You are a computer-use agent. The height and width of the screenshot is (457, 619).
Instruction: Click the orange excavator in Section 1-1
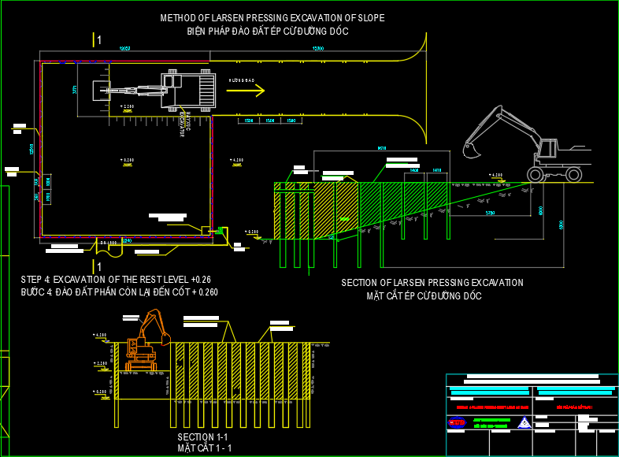pos(145,343)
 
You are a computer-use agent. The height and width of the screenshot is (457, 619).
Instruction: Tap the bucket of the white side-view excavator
pos(472,148)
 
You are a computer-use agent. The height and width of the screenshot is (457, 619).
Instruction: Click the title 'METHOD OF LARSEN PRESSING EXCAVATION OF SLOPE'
pos(272,17)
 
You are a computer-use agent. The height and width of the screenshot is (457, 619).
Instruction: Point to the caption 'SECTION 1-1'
pos(202,437)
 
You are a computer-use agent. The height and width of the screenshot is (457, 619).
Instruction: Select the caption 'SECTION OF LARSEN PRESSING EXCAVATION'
pos(432,283)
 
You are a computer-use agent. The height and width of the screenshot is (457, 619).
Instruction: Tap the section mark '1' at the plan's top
pos(99,39)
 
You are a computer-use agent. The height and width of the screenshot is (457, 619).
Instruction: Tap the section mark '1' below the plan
pos(99,267)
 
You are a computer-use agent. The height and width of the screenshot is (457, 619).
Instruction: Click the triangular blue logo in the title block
pos(523,422)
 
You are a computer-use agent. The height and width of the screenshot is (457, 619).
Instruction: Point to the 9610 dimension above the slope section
pos(382,148)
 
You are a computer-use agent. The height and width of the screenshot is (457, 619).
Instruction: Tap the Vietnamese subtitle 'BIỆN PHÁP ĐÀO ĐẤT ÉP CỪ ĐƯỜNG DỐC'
pos(268,32)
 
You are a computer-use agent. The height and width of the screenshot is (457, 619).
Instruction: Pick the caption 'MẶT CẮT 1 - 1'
pos(204,448)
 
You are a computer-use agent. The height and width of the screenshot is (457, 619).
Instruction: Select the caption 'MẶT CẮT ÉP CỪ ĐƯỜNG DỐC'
pos(424,296)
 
